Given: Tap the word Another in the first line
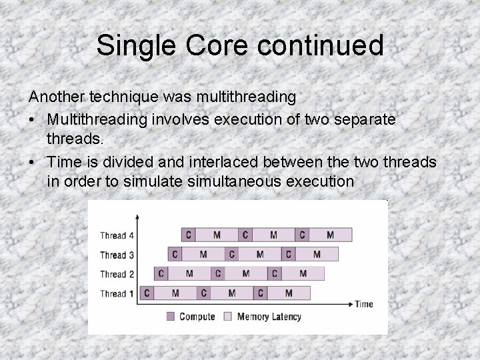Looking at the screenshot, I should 57,97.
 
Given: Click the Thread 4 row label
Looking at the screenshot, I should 117,235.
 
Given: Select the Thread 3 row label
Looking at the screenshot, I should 117,255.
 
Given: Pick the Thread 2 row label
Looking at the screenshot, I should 117,274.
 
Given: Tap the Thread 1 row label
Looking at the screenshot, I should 117,293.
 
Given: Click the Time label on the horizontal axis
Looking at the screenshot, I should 364,304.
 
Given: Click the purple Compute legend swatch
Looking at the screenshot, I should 171,317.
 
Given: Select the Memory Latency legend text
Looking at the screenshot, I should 269,317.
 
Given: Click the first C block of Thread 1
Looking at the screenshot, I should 147,293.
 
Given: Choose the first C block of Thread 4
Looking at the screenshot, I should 189,235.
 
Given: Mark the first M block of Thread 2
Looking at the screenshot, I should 189,273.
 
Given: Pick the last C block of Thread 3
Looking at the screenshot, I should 288,254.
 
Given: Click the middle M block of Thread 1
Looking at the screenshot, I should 231,293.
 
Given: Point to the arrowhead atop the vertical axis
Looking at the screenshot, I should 137,216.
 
